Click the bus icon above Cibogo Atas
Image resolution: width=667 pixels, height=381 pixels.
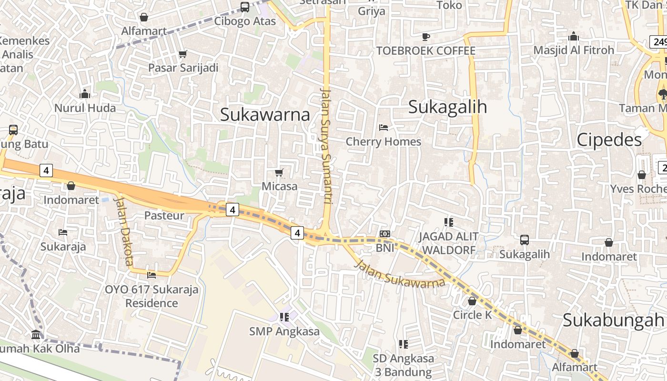click(x=244, y=7)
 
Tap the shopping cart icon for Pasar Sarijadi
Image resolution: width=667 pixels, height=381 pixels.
click(x=182, y=54)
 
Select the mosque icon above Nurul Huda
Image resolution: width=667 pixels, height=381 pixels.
click(x=85, y=94)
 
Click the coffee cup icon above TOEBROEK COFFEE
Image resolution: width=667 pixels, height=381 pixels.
click(x=426, y=37)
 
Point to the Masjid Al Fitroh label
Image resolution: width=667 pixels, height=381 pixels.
click(x=574, y=50)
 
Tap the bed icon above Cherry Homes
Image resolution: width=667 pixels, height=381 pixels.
click(x=384, y=127)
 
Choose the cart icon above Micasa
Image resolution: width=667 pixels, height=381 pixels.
click(x=279, y=172)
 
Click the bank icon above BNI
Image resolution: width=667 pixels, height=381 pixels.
click(x=385, y=234)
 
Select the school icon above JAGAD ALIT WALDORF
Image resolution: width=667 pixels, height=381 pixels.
click(x=448, y=222)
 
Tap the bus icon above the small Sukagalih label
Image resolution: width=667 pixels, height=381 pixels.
click(x=525, y=240)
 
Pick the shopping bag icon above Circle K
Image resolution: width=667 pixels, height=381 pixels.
click(x=472, y=301)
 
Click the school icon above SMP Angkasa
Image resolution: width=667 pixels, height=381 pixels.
click(x=284, y=317)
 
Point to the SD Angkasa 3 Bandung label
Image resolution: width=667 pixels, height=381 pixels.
click(x=403, y=365)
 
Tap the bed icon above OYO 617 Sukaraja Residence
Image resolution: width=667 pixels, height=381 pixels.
click(x=152, y=275)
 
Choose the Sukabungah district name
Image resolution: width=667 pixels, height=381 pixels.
click(x=613, y=320)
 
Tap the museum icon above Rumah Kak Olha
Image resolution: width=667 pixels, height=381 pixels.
click(x=36, y=334)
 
